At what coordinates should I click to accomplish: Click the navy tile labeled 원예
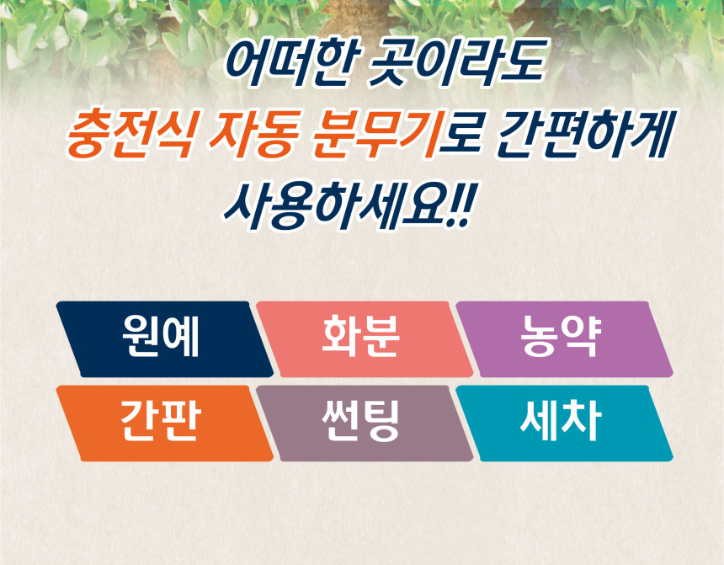coord(164,339)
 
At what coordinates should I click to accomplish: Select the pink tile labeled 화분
coord(365,339)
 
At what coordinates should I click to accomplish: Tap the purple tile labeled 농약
coord(564,339)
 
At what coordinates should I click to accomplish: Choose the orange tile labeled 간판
coord(164,424)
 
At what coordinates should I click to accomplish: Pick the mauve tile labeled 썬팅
coord(365,424)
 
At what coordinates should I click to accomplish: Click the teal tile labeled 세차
coord(564,424)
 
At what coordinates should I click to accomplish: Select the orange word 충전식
coord(130,135)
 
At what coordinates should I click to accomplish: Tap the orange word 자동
coord(252,135)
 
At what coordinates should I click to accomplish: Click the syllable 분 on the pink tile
coord(380,336)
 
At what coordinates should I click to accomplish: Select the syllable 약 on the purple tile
coord(582,336)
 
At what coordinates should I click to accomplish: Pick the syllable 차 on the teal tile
coord(583,420)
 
